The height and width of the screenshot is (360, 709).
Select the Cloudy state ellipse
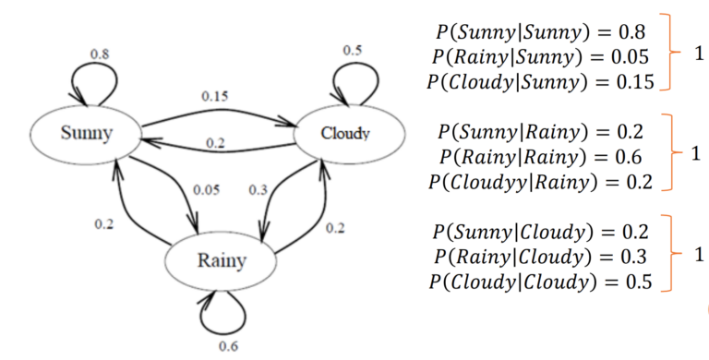tap(343, 134)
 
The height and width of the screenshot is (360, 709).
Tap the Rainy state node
tap(221, 260)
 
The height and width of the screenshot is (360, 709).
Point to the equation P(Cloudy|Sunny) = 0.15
tap(539, 82)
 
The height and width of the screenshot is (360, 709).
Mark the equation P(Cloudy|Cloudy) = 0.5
tap(539, 280)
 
